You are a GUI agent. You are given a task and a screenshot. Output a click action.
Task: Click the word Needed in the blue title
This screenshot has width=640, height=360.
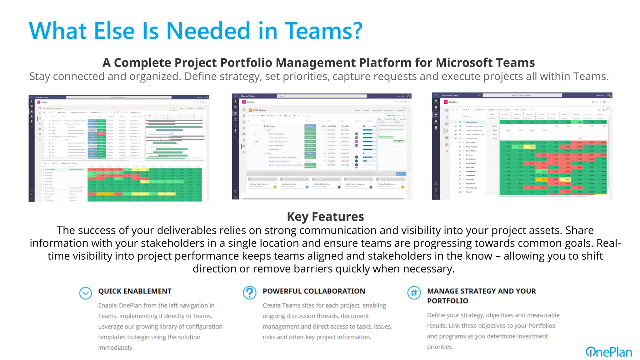point(208,31)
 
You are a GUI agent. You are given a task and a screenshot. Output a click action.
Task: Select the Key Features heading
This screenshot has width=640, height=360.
point(325,217)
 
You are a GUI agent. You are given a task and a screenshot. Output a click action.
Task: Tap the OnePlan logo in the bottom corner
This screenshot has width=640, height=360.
point(609,352)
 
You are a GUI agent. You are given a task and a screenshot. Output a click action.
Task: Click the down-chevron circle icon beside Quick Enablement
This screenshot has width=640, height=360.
point(85,293)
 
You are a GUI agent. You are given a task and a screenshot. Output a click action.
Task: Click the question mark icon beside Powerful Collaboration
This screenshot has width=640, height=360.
point(249,293)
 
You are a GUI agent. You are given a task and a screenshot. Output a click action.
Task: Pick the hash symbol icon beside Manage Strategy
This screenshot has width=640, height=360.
point(414,293)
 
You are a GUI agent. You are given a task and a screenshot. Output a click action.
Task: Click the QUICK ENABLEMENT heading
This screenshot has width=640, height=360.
point(135,291)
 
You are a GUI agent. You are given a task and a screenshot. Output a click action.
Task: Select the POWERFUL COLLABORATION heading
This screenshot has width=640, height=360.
point(314,291)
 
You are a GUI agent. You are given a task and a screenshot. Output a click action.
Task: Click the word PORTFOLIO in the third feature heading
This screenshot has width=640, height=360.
point(447,301)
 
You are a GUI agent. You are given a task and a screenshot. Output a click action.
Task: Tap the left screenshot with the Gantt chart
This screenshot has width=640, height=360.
point(119,148)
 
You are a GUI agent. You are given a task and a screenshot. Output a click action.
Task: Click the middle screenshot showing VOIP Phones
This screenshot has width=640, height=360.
point(322,146)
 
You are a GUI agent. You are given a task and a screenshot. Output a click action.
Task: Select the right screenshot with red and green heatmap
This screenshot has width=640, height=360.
point(522,146)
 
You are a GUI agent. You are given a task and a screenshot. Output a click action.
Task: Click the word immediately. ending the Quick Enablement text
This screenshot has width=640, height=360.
point(116,348)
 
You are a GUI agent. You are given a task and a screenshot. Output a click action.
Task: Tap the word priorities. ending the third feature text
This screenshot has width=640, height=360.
point(440,347)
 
